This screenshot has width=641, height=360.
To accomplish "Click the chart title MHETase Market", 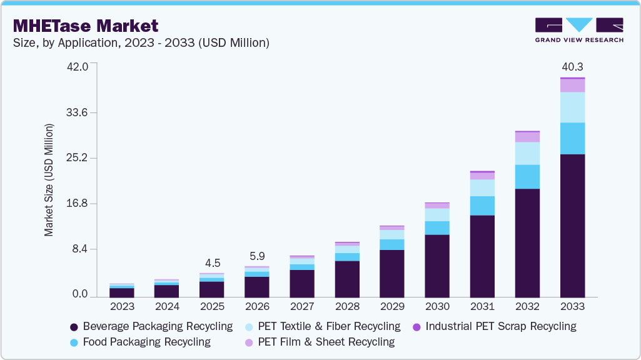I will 85,26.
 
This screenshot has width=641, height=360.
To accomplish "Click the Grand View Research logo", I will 578,29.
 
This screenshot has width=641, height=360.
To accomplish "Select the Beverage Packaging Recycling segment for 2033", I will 572,225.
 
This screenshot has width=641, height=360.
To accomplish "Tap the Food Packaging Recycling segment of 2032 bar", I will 527,177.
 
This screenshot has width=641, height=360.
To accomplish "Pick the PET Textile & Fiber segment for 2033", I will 572,107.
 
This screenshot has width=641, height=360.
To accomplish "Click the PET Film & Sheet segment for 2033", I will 572,86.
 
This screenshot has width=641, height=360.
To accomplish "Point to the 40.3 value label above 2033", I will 572,66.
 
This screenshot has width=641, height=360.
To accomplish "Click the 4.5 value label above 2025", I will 212,262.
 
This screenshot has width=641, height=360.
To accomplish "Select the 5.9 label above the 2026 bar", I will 257,256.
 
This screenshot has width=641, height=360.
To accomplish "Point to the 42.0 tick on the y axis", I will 79,67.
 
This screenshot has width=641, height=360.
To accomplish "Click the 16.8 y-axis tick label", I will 79,204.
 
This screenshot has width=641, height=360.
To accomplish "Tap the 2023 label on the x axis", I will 122,307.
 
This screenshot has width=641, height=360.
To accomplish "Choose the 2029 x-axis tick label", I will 392,307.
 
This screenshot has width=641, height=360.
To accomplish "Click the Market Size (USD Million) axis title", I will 49,180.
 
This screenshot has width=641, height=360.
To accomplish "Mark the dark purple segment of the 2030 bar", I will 437,266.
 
